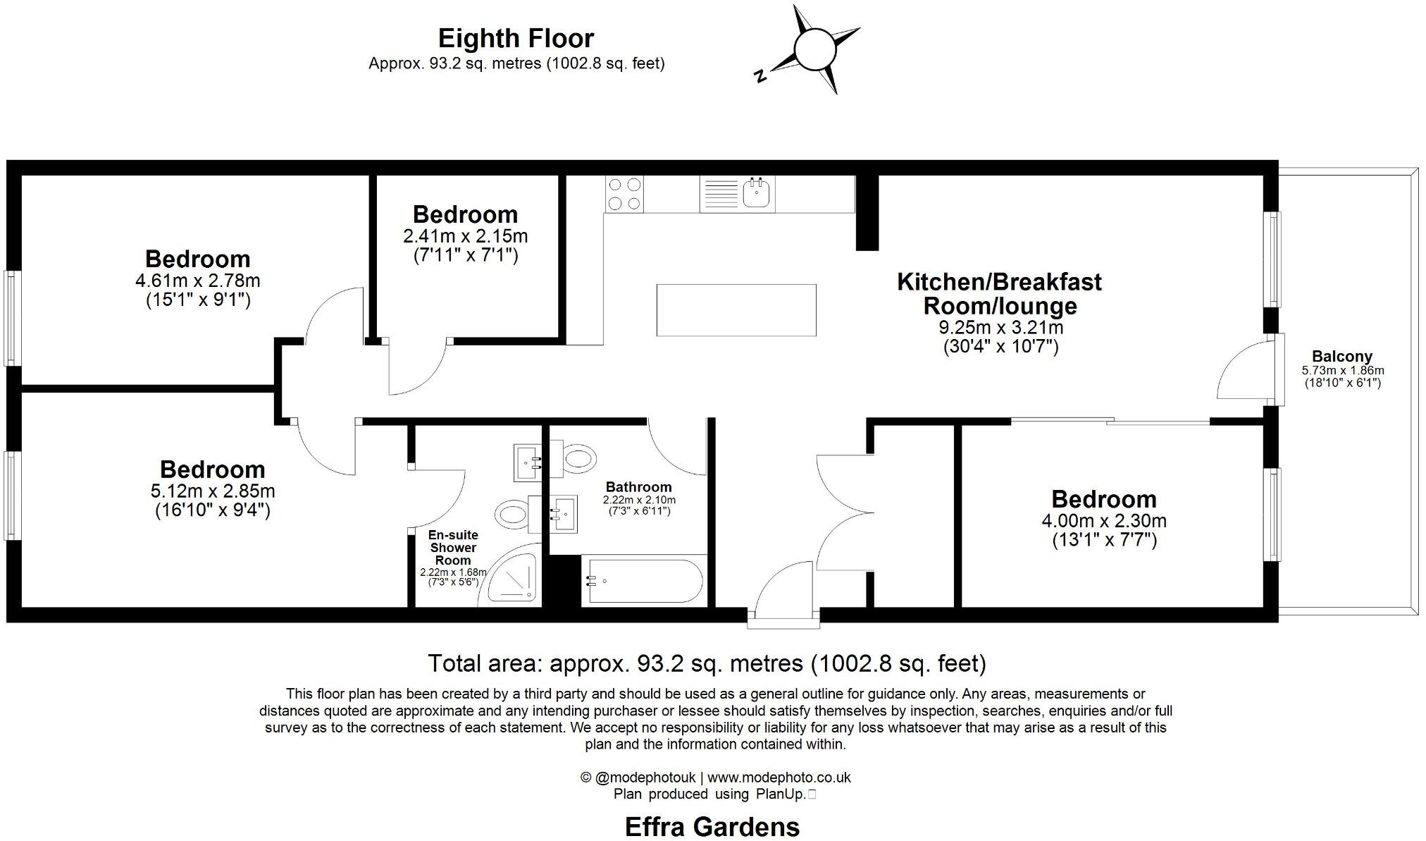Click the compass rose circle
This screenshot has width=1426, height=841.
pyautogui.click(x=814, y=49)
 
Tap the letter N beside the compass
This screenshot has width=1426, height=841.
pyautogui.click(x=759, y=76)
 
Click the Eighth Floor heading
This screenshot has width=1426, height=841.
pyautogui.click(x=516, y=38)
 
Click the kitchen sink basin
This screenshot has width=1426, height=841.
pyautogui.click(x=757, y=193)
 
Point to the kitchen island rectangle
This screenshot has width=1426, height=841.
pyautogui.click(x=736, y=310)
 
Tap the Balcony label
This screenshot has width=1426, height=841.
pyautogui.click(x=1341, y=357)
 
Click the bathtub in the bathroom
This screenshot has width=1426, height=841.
pyautogui.click(x=642, y=581)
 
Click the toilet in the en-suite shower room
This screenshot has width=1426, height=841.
pyautogui.click(x=512, y=513)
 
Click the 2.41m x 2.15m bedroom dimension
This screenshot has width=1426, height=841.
pyautogui.click(x=465, y=236)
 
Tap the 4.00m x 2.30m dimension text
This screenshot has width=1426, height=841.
pyautogui.click(x=1103, y=522)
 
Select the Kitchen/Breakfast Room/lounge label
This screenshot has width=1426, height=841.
pyautogui.click(x=999, y=294)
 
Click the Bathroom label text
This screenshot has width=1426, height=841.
pyautogui.click(x=638, y=487)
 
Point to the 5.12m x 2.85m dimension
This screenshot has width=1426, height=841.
pyautogui.click(x=212, y=491)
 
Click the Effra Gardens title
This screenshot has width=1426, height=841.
pyautogui.click(x=712, y=826)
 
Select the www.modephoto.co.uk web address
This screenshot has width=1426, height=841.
pyautogui.click(x=779, y=778)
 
